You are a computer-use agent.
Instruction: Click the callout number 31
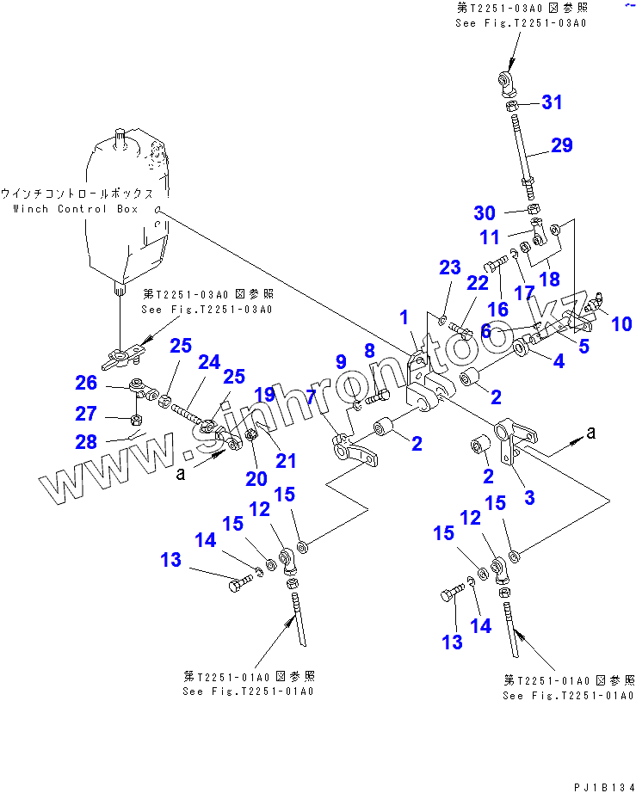click(551, 102)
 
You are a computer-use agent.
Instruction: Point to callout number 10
click(621, 323)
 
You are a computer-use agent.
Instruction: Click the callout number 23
click(450, 267)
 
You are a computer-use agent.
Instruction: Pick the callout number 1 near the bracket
click(404, 318)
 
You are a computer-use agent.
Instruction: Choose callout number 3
click(529, 497)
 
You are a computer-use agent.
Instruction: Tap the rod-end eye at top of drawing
click(508, 82)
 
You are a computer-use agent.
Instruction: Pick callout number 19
click(264, 395)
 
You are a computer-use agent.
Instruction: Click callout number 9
click(341, 361)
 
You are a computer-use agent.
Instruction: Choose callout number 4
click(559, 362)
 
